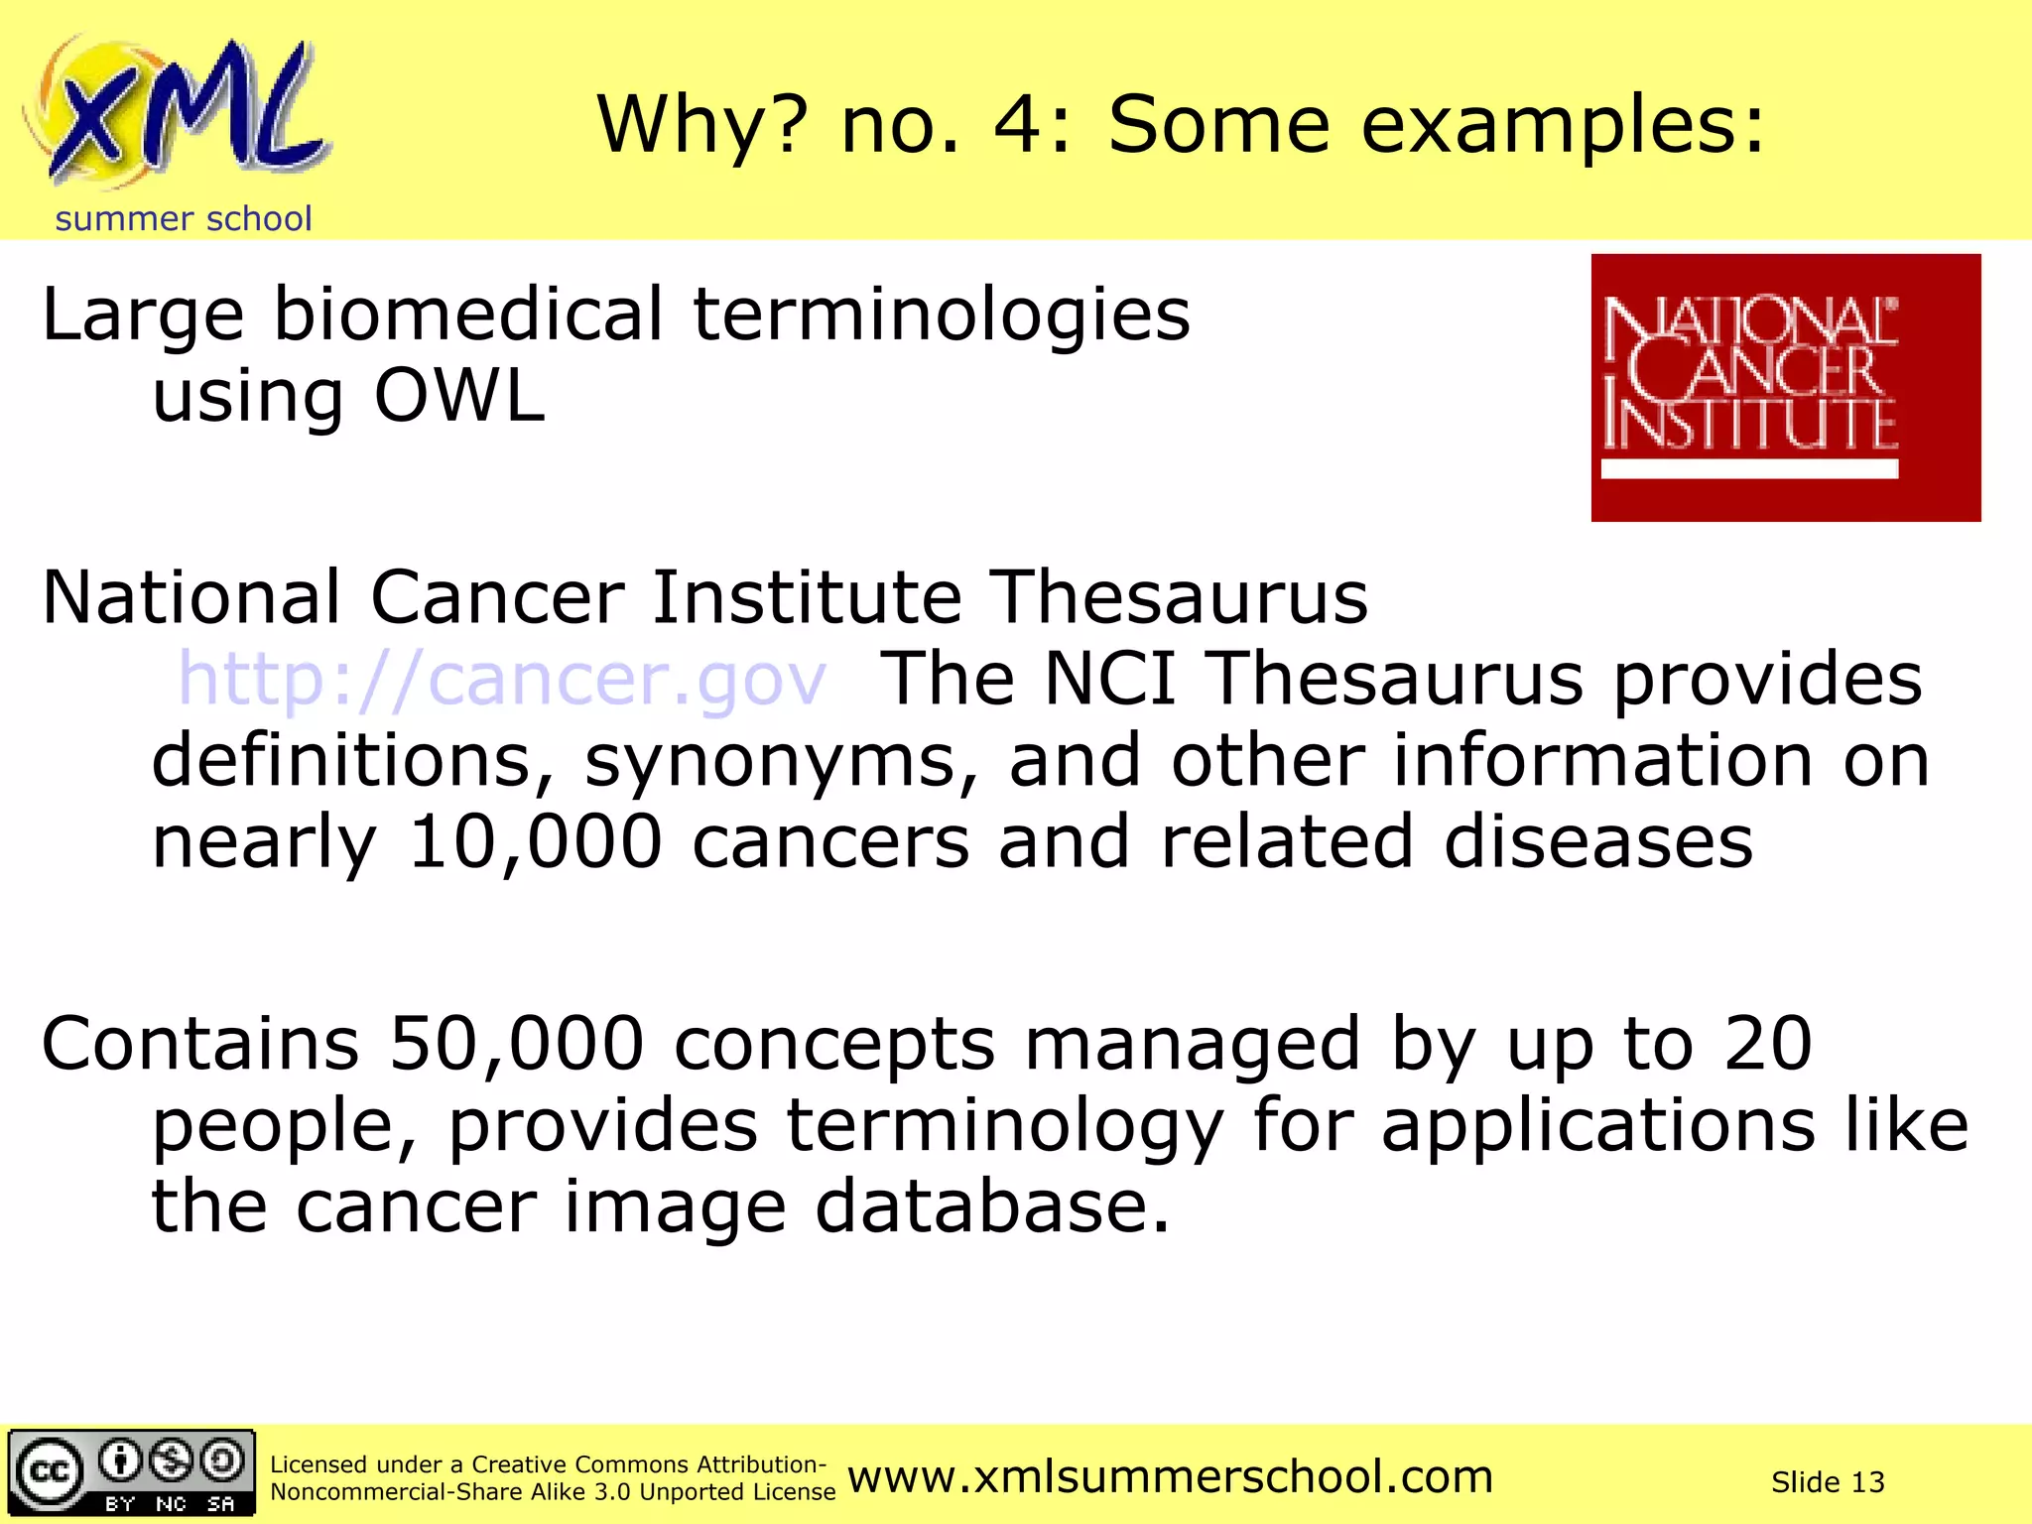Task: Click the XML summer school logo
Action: (x=179, y=114)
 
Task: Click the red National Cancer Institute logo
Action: (x=1785, y=387)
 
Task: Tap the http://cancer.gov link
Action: (x=502, y=680)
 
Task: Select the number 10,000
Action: (x=535, y=842)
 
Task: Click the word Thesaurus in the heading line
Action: (x=1180, y=598)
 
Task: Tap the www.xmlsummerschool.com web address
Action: (x=1170, y=1476)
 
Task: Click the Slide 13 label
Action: (x=1827, y=1482)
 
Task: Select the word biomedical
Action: (x=467, y=316)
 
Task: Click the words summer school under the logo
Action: (x=184, y=218)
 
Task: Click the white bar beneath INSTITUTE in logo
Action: (x=1749, y=469)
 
